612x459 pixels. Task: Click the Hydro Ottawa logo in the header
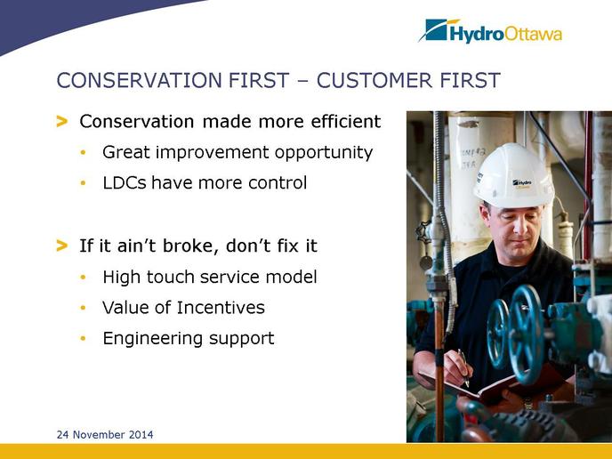click(490, 30)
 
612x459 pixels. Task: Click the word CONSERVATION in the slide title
click(140, 80)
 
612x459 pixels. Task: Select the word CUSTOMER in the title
click(374, 80)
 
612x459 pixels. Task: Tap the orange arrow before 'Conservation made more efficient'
click(62, 121)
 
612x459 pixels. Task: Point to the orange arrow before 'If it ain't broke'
click(62, 246)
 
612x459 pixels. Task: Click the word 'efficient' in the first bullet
click(345, 121)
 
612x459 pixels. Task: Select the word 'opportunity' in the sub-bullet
click(324, 153)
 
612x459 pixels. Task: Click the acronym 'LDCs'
click(125, 182)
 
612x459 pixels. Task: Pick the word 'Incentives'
click(221, 307)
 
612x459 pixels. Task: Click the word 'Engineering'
click(153, 339)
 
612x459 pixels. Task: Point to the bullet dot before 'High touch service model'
click(83, 278)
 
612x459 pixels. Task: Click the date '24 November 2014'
click(105, 434)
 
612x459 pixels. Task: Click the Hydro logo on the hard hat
click(522, 183)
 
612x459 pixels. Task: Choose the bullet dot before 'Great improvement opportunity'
click(83, 153)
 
